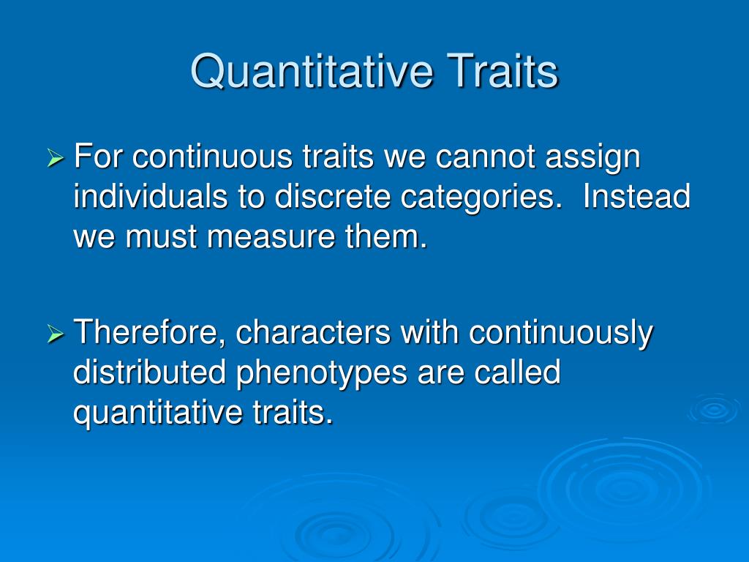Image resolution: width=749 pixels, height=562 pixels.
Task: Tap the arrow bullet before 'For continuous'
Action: pos(56,158)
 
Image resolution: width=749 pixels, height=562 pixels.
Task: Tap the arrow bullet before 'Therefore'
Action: pos(56,334)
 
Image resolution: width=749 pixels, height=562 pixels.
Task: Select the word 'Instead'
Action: pos(636,197)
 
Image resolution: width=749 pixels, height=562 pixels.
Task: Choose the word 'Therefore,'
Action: pos(143,334)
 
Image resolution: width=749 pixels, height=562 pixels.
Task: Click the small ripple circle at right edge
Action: pos(712,409)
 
